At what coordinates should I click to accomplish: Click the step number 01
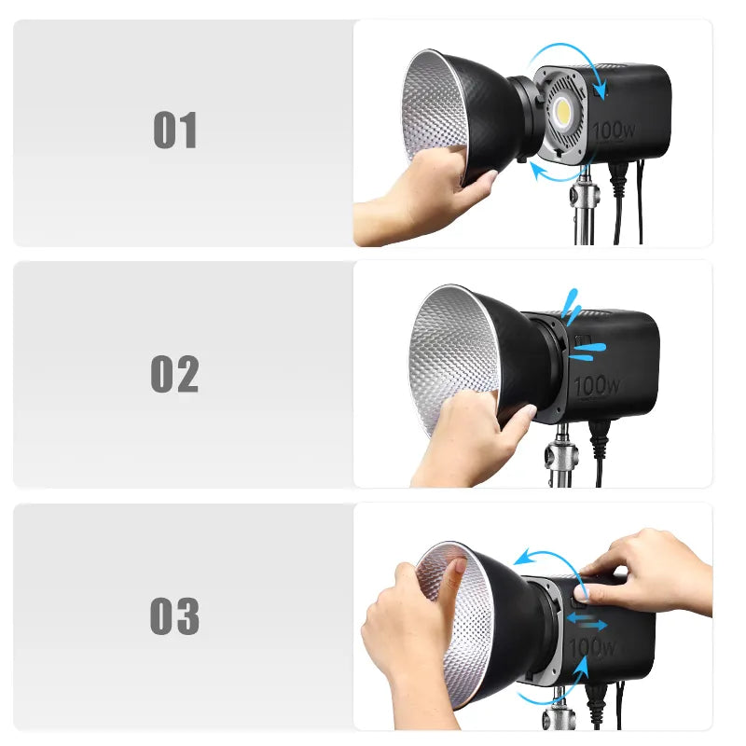[174, 130]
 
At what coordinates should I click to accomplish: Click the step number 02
[174, 374]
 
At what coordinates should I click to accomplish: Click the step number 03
[174, 616]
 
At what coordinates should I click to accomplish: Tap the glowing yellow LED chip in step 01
[562, 112]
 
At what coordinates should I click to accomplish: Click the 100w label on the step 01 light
[614, 130]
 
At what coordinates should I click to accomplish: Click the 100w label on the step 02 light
[597, 385]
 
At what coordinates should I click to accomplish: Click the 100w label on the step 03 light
[592, 647]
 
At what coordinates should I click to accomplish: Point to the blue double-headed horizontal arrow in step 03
[587, 621]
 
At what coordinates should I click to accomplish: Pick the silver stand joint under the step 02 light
[561, 457]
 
